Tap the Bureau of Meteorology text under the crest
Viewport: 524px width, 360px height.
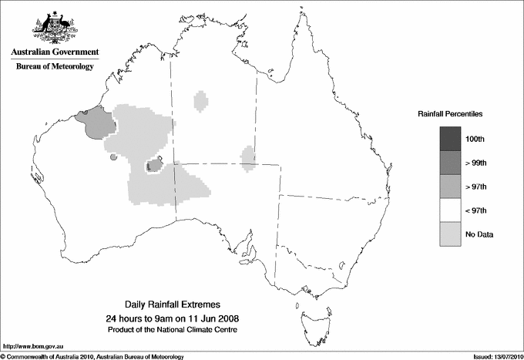coord(54,67)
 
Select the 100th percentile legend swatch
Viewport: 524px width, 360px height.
coord(450,139)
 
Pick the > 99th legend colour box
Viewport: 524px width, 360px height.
coord(450,163)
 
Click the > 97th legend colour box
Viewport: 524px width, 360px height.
coord(450,187)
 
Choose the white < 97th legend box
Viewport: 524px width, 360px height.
coord(450,210)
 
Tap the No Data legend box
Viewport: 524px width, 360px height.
coord(450,234)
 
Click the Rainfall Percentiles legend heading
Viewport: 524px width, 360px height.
coord(450,113)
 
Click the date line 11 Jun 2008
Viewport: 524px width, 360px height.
coord(177,318)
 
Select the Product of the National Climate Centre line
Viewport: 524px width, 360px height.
coord(177,330)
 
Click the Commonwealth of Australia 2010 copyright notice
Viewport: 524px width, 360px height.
coord(92,356)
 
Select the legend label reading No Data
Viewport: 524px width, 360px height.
coord(479,234)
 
